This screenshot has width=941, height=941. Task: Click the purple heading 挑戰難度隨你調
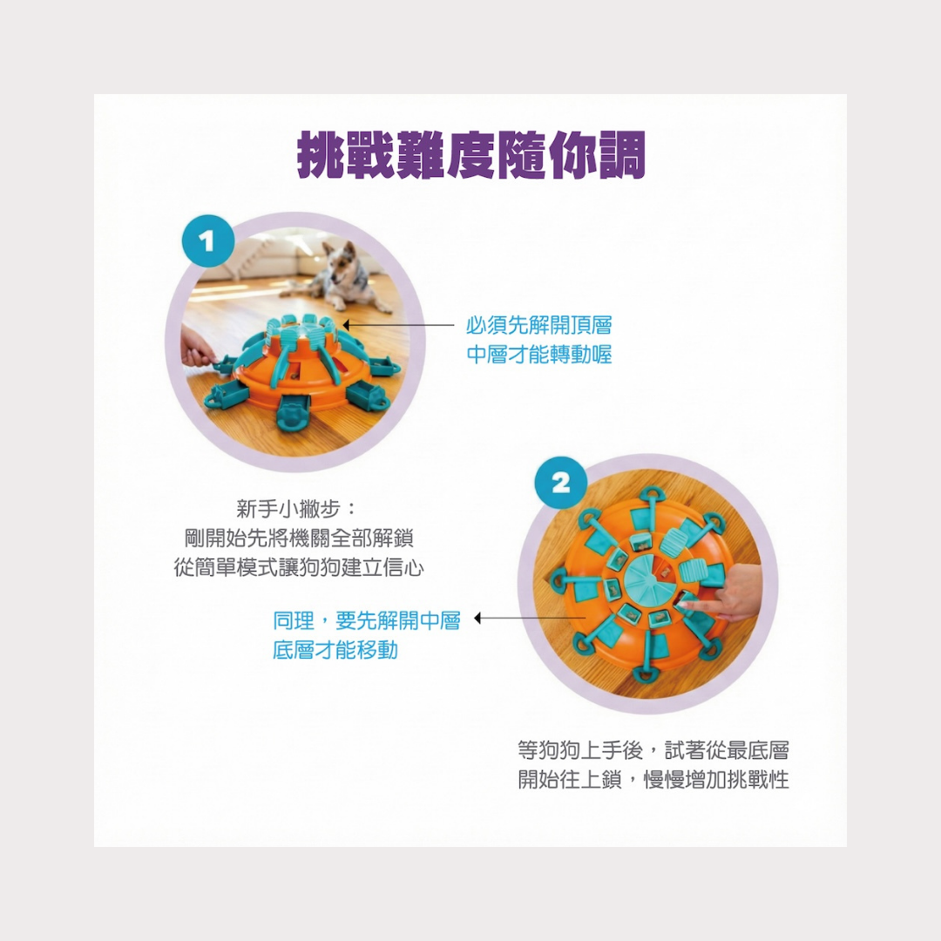click(471, 155)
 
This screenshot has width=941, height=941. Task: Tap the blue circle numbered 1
click(207, 241)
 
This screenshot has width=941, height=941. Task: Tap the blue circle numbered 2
click(560, 483)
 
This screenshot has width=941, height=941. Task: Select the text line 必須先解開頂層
click(539, 325)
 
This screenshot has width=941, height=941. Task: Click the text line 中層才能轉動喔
click(539, 355)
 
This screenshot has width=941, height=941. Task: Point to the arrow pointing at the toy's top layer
click(398, 325)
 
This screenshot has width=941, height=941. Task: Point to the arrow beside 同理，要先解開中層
click(530, 618)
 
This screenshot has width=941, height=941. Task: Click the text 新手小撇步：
click(297, 509)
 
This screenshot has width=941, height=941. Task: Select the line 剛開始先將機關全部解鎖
click(299, 538)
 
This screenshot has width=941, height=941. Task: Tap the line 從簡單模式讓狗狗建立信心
click(299, 567)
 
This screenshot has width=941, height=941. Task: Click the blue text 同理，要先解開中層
click(367, 620)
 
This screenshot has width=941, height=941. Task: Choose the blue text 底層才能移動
click(335, 650)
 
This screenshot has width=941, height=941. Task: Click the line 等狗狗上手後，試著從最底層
click(653, 750)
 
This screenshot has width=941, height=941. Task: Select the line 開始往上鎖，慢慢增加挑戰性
click(653, 780)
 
